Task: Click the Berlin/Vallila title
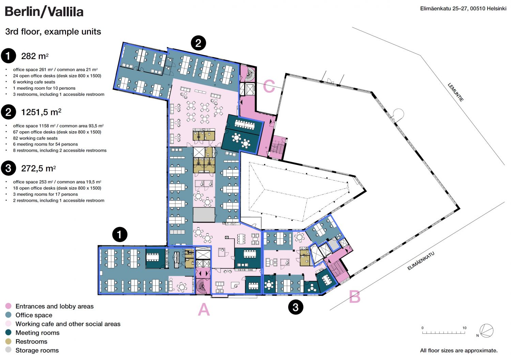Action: pos(44,12)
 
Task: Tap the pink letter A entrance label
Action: pos(204,309)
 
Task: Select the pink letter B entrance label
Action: pos(355,297)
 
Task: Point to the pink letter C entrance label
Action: pos(269,86)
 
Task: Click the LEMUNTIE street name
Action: pos(456,92)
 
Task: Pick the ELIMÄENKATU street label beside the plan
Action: pos(421,261)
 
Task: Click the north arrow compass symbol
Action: pos(486,331)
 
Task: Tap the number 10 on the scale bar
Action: pos(464,328)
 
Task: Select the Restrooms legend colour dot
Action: pos(8,341)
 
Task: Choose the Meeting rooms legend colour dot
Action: pos(8,332)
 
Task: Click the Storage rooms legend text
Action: pos(37,350)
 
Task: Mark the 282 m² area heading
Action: pos(35,56)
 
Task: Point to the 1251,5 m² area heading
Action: pos(41,112)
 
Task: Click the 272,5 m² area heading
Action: pos(38,168)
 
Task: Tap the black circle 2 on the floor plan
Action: pos(198,43)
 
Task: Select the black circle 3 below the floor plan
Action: pos(296,307)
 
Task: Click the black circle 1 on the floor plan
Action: pos(120,235)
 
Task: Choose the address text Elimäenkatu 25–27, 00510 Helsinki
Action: pos(463,9)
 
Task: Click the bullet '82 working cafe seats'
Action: pos(35,138)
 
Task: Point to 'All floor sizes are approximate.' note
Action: pos(459,350)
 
